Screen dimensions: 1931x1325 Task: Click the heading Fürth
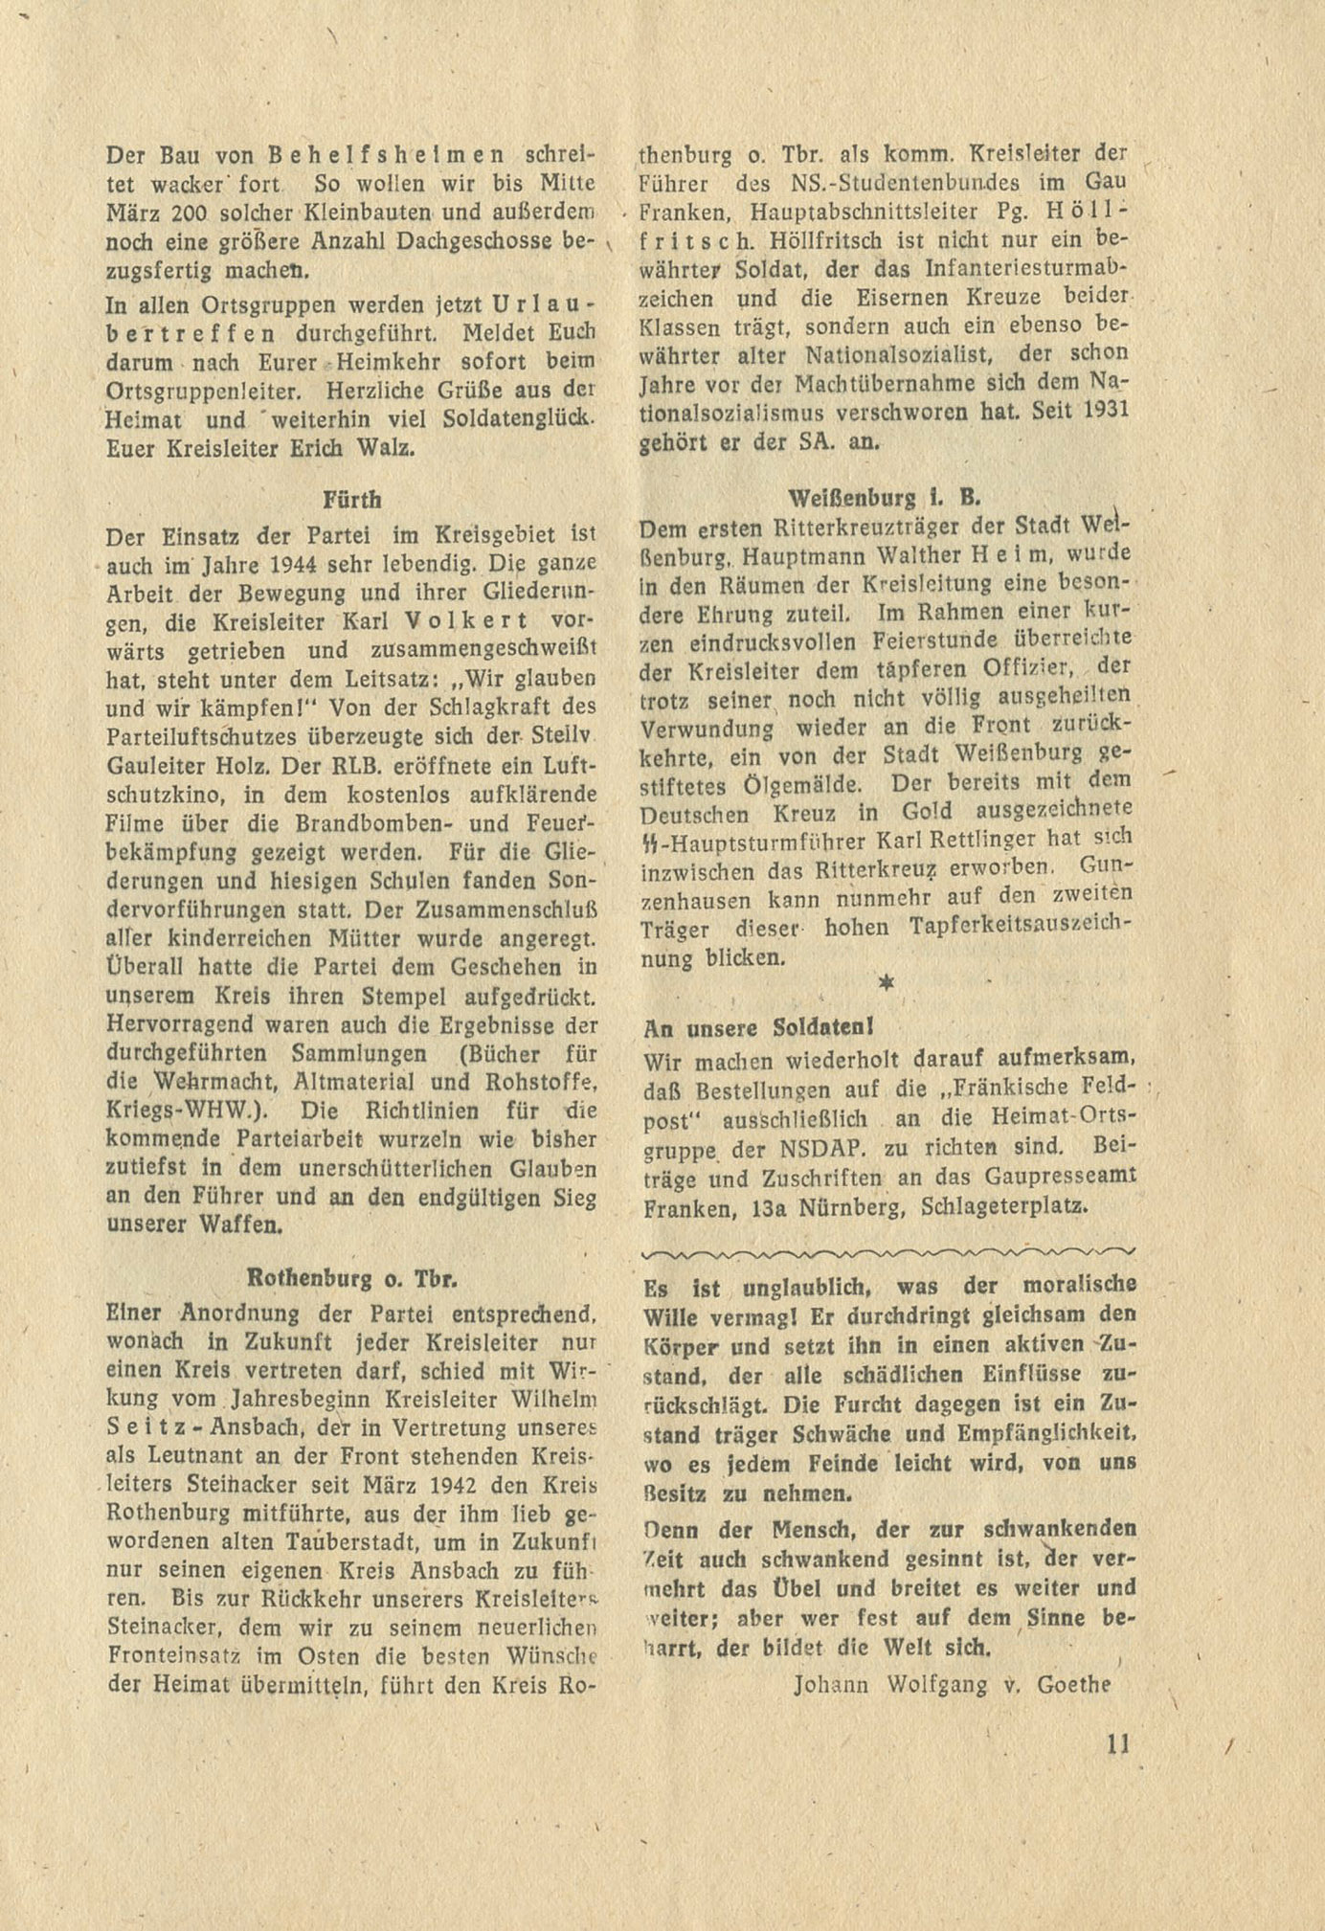coord(353,500)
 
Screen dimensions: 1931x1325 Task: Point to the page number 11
coord(1117,1743)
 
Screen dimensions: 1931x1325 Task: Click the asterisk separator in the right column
coord(887,983)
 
